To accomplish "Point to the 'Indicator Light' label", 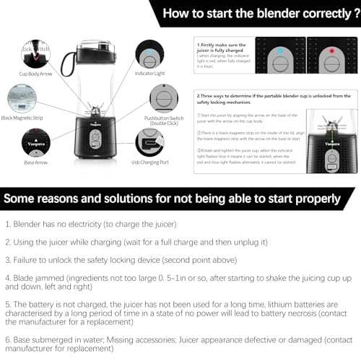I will click(x=151, y=73).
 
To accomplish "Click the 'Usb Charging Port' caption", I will click(x=151, y=162).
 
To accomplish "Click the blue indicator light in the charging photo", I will click(x=280, y=53).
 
